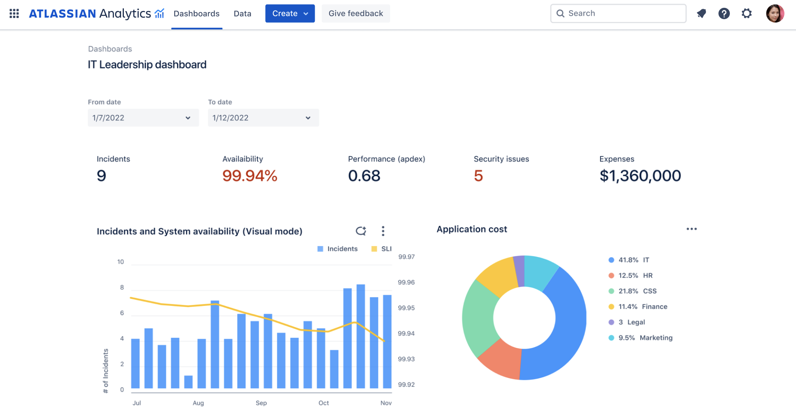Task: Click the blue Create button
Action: (289, 13)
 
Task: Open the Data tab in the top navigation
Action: (242, 13)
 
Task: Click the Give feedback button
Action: (355, 13)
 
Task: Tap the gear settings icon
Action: (747, 13)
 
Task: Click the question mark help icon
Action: (724, 13)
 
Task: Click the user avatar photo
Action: (775, 13)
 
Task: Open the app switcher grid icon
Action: (14, 13)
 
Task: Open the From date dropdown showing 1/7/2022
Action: (143, 118)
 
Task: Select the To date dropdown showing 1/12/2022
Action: (263, 118)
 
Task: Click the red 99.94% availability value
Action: (250, 176)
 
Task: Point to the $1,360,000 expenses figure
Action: (640, 176)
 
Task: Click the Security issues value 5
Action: (478, 176)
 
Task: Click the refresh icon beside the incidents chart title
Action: (361, 231)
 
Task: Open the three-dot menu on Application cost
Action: (692, 229)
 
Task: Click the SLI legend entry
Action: (382, 249)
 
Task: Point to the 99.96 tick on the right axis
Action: (406, 282)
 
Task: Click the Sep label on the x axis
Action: (261, 403)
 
